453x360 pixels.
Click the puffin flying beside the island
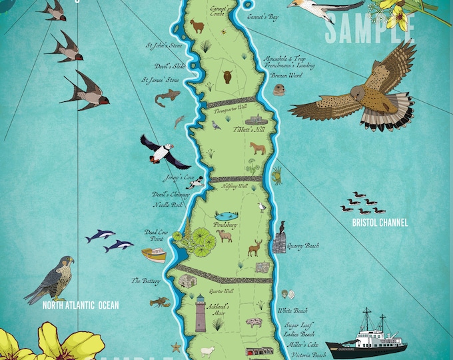coord(158,150)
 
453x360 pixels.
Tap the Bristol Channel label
coord(380,223)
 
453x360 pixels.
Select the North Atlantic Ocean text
coord(81,306)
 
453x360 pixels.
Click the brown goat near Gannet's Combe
coord(197,26)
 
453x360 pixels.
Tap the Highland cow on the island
coord(227,77)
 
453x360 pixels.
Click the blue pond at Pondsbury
coord(225,217)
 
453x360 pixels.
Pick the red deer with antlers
coord(254,248)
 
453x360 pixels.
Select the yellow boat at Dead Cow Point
coord(155,255)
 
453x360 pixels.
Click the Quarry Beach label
coord(302,245)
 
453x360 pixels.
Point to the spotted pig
coord(254,323)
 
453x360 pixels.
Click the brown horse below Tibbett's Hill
coord(257,148)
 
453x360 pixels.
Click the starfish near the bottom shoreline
coord(176,347)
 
